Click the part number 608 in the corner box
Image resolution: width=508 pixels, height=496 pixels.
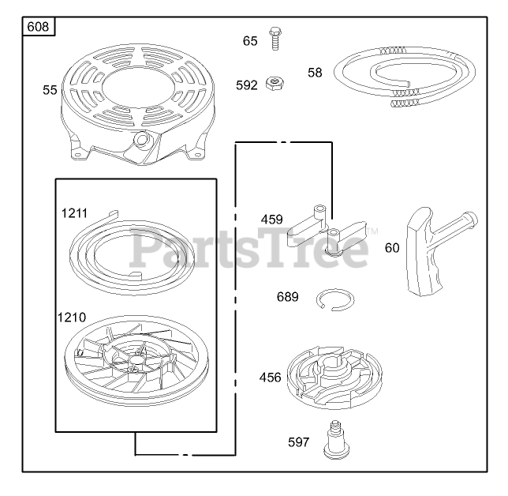[x=38, y=27]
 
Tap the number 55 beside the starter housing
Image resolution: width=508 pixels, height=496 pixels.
[x=50, y=90]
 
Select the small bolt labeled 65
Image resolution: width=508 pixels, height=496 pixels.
[x=275, y=39]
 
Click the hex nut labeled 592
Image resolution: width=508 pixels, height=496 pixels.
[x=275, y=84]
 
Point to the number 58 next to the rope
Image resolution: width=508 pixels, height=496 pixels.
[x=315, y=73]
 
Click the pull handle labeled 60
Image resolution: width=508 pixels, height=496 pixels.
[x=434, y=250]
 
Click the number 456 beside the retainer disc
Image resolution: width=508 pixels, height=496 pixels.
[x=271, y=378]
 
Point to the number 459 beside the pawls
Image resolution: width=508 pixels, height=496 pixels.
[x=272, y=220]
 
